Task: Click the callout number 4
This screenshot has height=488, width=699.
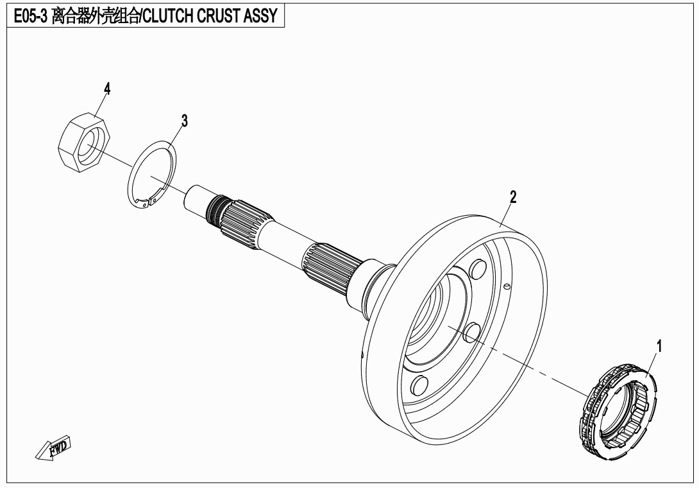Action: pos(107,89)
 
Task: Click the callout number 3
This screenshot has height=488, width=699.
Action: pos(184,120)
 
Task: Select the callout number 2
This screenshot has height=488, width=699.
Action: pos(512,197)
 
